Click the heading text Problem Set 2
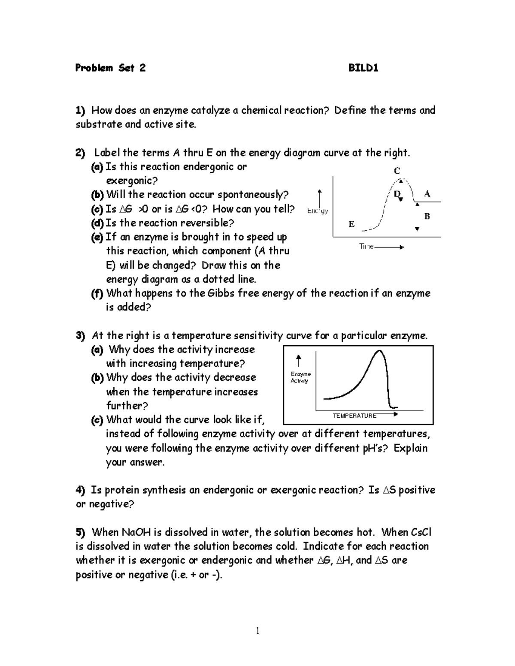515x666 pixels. click(110, 68)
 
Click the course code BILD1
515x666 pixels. click(363, 68)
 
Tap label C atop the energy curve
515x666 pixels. click(397, 171)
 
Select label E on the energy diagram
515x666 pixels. click(351, 224)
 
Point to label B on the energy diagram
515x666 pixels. click(427, 216)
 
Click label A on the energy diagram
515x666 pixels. click(427, 194)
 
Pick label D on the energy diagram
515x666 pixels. click(397, 194)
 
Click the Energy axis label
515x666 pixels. click(318, 211)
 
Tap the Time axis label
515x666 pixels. click(366, 247)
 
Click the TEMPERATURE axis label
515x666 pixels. click(354, 416)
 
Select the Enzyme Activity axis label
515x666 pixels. click(300, 377)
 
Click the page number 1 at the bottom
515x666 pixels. click(257, 630)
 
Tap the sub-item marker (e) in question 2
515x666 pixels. click(97, 237)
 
